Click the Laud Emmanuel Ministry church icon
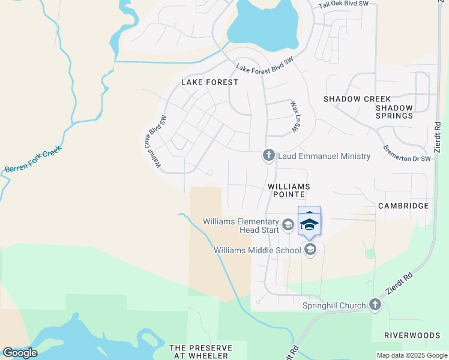coord(269,155)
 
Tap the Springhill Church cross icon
coord(375,305)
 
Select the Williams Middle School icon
coord(310,250)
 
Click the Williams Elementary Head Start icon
coord(288,225)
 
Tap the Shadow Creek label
coord(357,99)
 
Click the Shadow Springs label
coord(394,112)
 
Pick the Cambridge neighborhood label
coord(403,206)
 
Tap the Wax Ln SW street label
coord(295,116)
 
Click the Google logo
coord(20,353)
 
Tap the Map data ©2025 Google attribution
coord(411,355)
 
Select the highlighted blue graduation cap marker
coord(309,224)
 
